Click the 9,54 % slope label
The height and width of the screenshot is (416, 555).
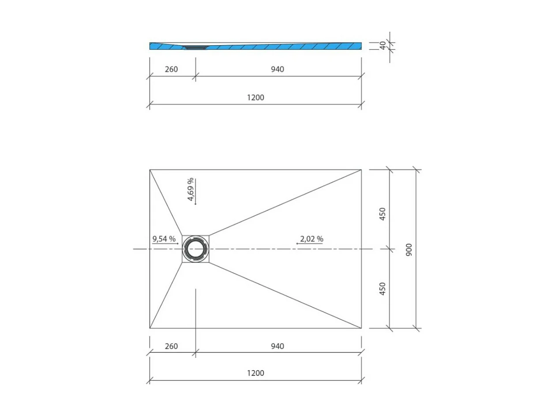pos(164,239)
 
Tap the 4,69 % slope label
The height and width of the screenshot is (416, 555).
pos(191,189)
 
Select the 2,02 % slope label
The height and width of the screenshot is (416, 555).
pos(311,239)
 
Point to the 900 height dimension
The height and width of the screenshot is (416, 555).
pos(409,250)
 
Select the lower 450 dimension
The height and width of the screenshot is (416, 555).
pos(382,289)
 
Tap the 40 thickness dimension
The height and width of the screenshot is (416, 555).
pos(383,45)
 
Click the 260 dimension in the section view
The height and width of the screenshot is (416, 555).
pos(171,69)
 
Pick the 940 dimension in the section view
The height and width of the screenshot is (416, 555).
pos(277,69)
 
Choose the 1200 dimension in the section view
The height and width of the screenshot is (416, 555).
pos(255,97)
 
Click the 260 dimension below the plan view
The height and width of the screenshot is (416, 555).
pos(171,346)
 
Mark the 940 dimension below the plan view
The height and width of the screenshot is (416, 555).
pos(277,346)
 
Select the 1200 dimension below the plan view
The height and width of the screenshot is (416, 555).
pos(255,373)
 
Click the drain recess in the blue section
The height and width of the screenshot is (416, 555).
pos(195,46)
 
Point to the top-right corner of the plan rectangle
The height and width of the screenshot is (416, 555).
pos(361,169)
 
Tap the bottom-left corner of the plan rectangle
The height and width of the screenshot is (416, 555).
pos(150,328)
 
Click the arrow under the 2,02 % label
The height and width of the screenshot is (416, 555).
pos(310,244)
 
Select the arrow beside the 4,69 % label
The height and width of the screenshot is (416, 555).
pos(195,192)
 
